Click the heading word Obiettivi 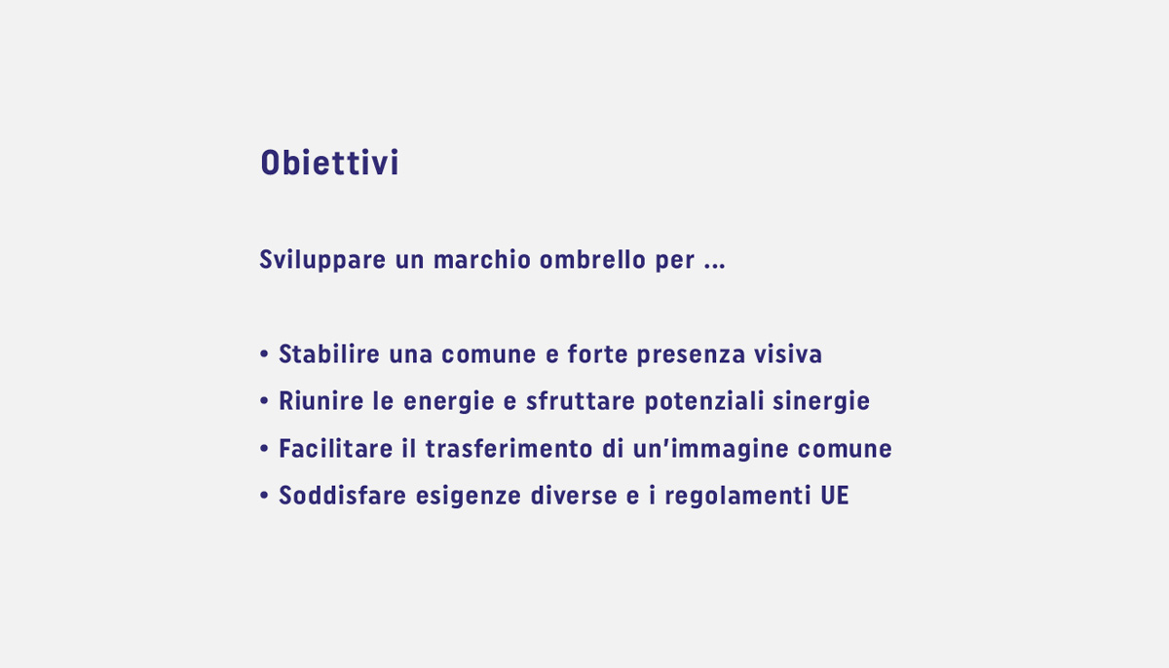329,163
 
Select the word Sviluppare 322,260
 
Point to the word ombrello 592,260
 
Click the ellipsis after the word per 714,266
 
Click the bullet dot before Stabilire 264,354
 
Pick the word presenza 691,355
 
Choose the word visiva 788,354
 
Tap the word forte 597,354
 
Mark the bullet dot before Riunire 264,401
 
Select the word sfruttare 581,401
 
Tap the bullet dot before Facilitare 264,449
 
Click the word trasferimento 509,449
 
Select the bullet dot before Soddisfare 264,496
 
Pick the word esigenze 469,497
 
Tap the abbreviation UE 835,496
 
